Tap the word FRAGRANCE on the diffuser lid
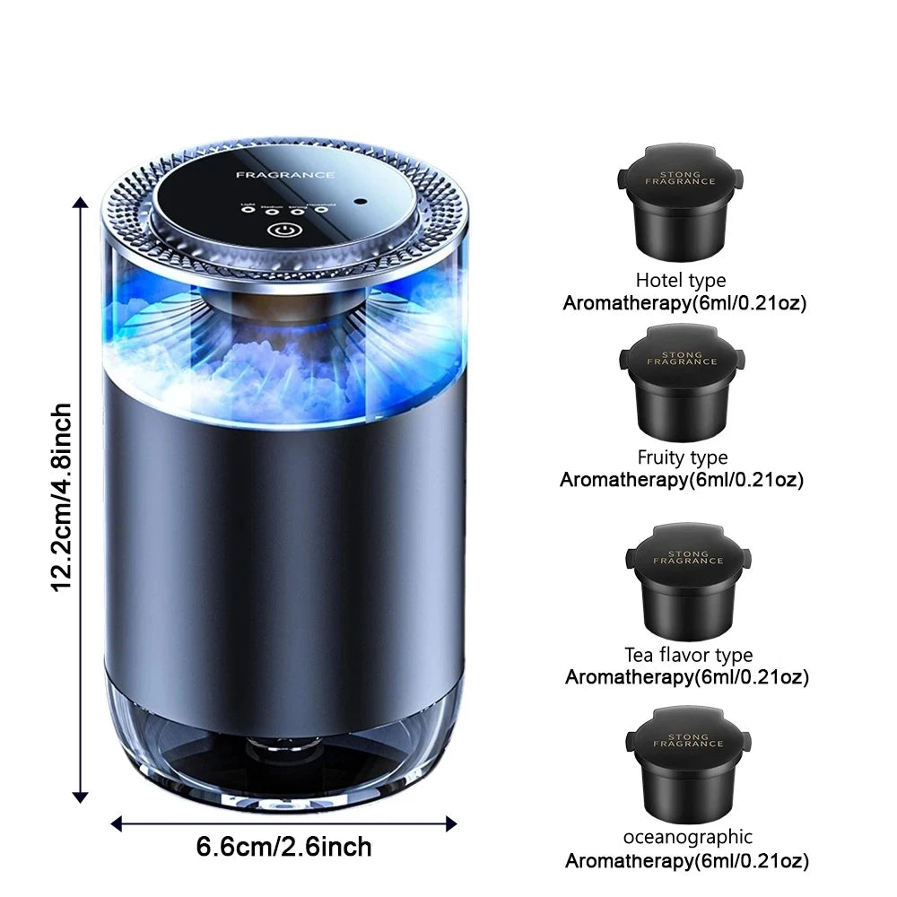285,175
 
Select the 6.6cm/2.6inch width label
283,846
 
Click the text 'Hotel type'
681,281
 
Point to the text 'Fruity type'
683,458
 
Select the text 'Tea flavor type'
688,656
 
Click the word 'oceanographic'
688,837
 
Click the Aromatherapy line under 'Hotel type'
684,302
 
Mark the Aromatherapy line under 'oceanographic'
686,862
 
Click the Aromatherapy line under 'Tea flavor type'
686,677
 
